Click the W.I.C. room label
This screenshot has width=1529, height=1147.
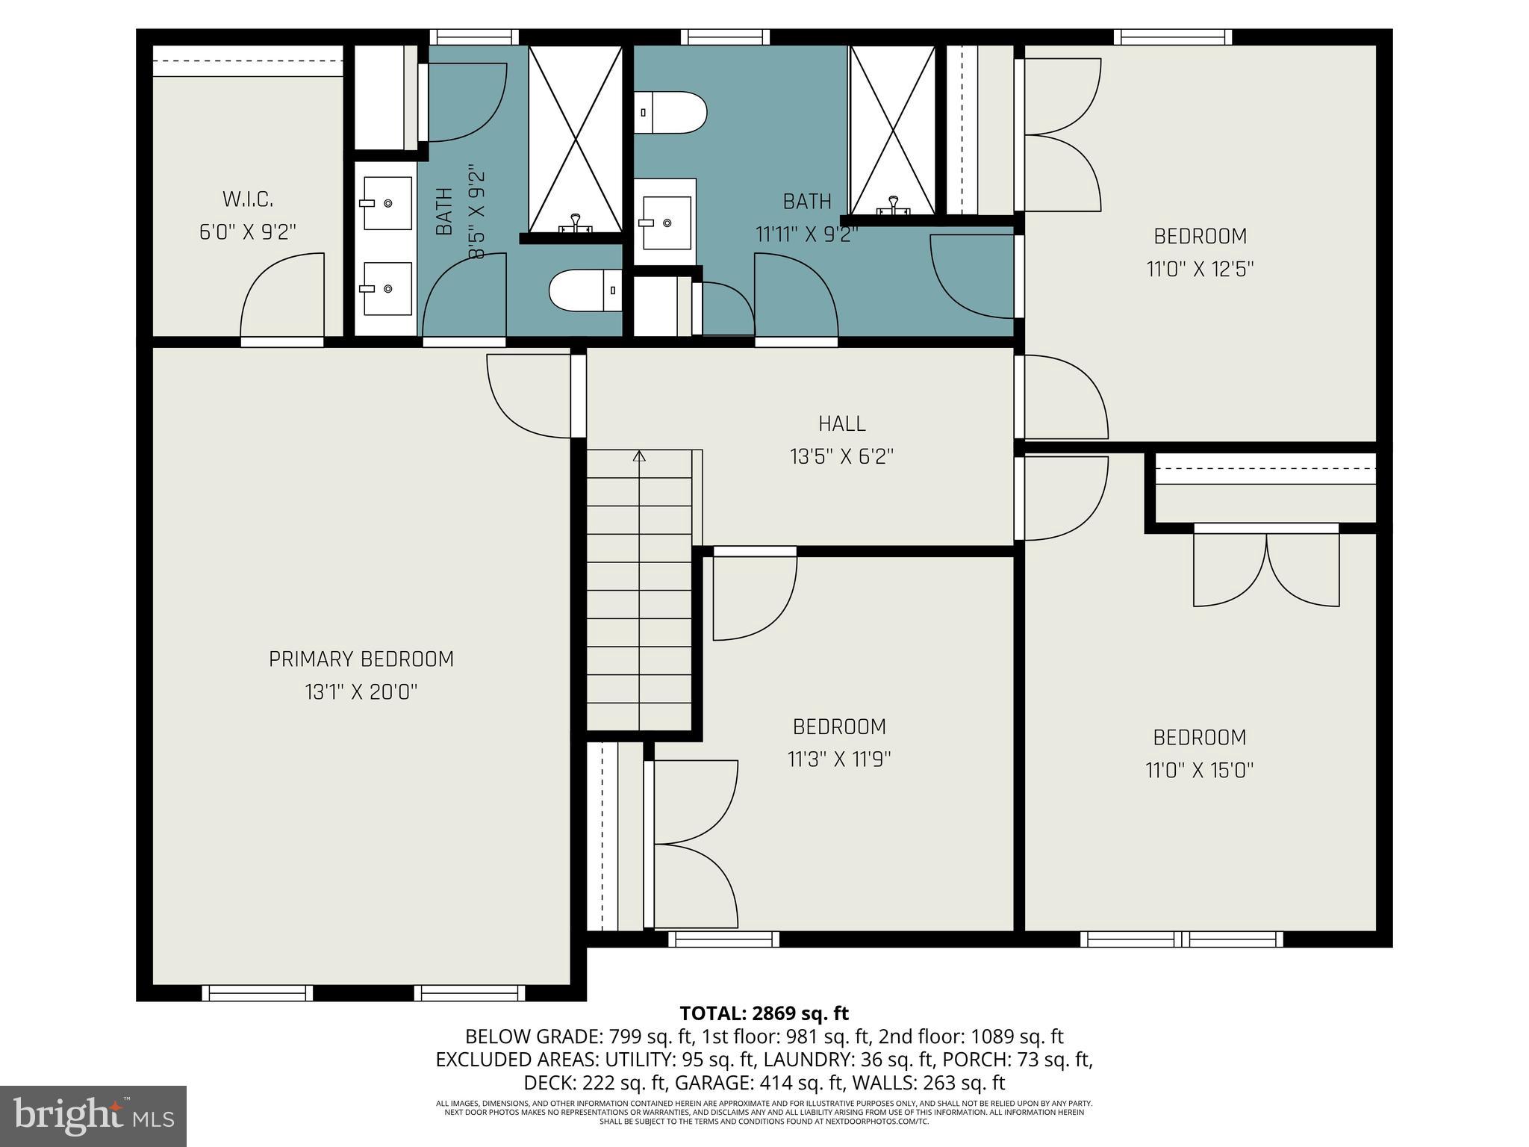[247, 199]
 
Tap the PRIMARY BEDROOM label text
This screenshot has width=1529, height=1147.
[361, 659]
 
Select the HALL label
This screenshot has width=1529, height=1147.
[841, 423]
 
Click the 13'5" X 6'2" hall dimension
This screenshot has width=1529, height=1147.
[841, 456]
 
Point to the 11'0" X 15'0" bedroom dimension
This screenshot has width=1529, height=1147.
[1199, 770]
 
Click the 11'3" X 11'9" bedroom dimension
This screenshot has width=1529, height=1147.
[839, 759]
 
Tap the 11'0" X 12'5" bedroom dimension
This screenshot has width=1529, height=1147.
[1199, 269]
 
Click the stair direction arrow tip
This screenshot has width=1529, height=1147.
[639, 453]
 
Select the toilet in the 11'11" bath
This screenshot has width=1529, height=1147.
[670, 113]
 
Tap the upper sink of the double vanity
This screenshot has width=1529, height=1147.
[387, 203]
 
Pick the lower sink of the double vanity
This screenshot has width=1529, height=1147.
[387, 288]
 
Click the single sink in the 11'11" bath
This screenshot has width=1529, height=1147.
[666, 223]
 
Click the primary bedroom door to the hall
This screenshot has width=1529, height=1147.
[529, 396]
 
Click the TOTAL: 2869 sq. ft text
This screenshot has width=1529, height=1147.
[764, 1013]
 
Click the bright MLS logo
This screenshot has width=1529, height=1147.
[93, 1116]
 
